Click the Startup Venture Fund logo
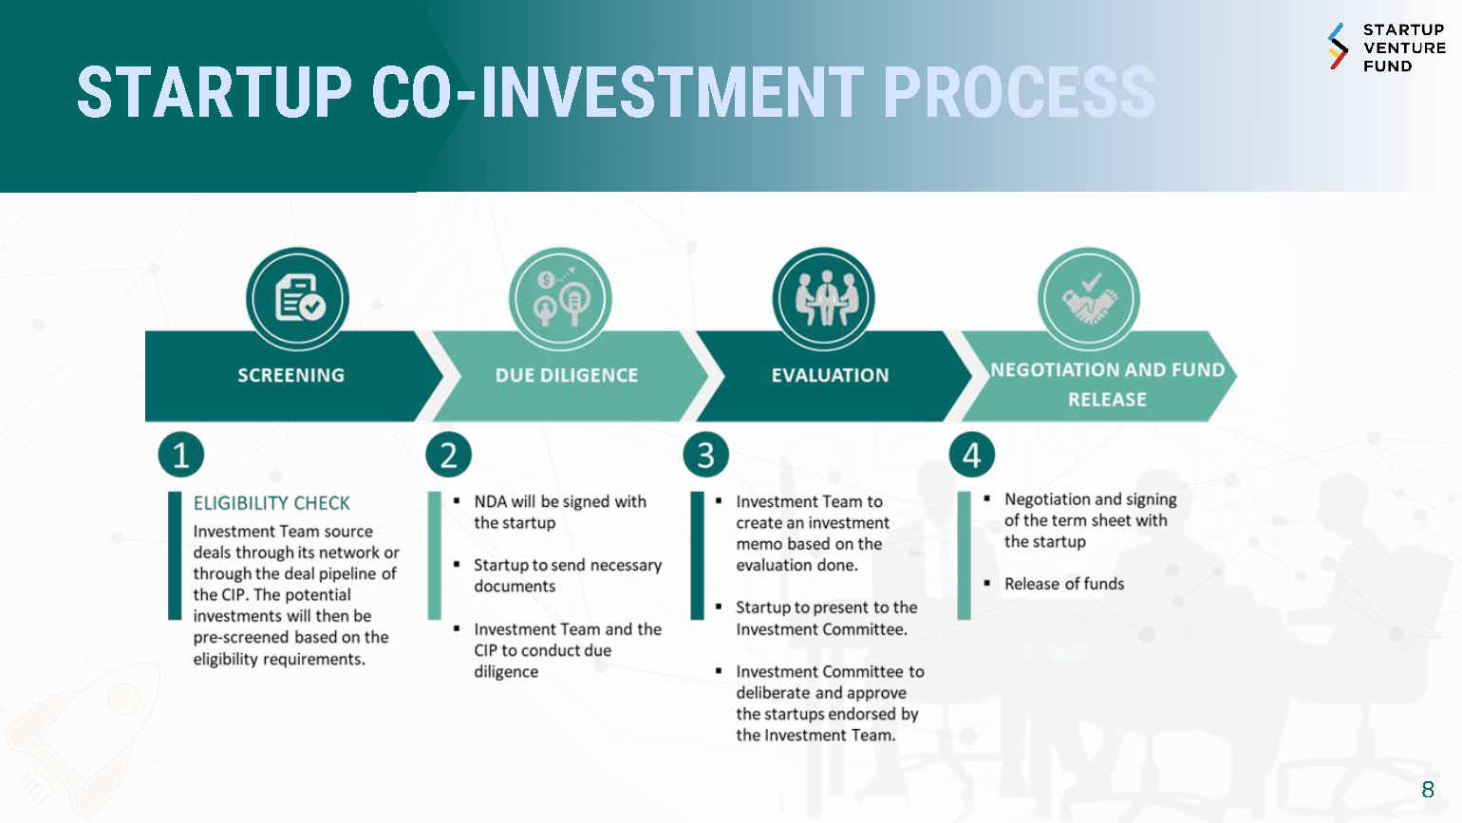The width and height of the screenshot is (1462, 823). [x=1387, y=47]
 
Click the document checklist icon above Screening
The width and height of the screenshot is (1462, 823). [x=298, y=298]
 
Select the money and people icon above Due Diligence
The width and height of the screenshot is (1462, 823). [x=561, y=298]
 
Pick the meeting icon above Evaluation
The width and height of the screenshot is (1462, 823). [x=825, y=298]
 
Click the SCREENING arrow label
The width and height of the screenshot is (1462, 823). [x=291, y=375]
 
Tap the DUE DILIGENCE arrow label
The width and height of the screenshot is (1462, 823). [x=567, y=375]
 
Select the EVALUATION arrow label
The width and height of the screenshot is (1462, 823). [x=830, y=375]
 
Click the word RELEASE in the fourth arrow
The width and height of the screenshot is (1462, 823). [x=1107, y=400]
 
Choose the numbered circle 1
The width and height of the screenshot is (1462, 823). [x=180, y=455]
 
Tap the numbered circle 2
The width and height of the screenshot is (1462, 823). [x=448, y=455]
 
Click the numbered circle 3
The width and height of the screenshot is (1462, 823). [x=705, y=455]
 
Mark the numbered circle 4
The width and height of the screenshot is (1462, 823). [x=972, y=455]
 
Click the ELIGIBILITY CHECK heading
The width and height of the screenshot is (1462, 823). [x=272, y=503]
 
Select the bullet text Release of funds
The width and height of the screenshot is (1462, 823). [x=1064, y=584]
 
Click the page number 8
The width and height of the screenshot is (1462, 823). [x=1428, y=790]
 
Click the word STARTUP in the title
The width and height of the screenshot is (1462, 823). [x=215, y=92]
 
